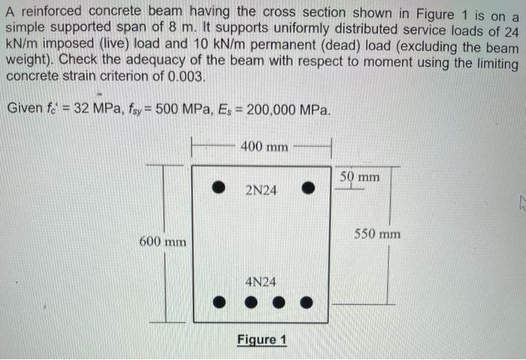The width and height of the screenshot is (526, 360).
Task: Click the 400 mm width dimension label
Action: click(x=264, y=146)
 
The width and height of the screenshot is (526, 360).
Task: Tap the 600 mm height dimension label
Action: click(x=162, y=242)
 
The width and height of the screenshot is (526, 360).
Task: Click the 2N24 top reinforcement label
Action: click(x=261, y=190)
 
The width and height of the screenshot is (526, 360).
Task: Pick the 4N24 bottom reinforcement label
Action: click(x=261, y=282)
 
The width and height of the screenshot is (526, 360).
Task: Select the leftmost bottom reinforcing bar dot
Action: click(x=218, y=304)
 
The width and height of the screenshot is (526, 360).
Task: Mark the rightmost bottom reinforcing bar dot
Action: click(x=307, y=304)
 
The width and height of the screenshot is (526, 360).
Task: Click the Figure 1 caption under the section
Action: click(x=261, y=340)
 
